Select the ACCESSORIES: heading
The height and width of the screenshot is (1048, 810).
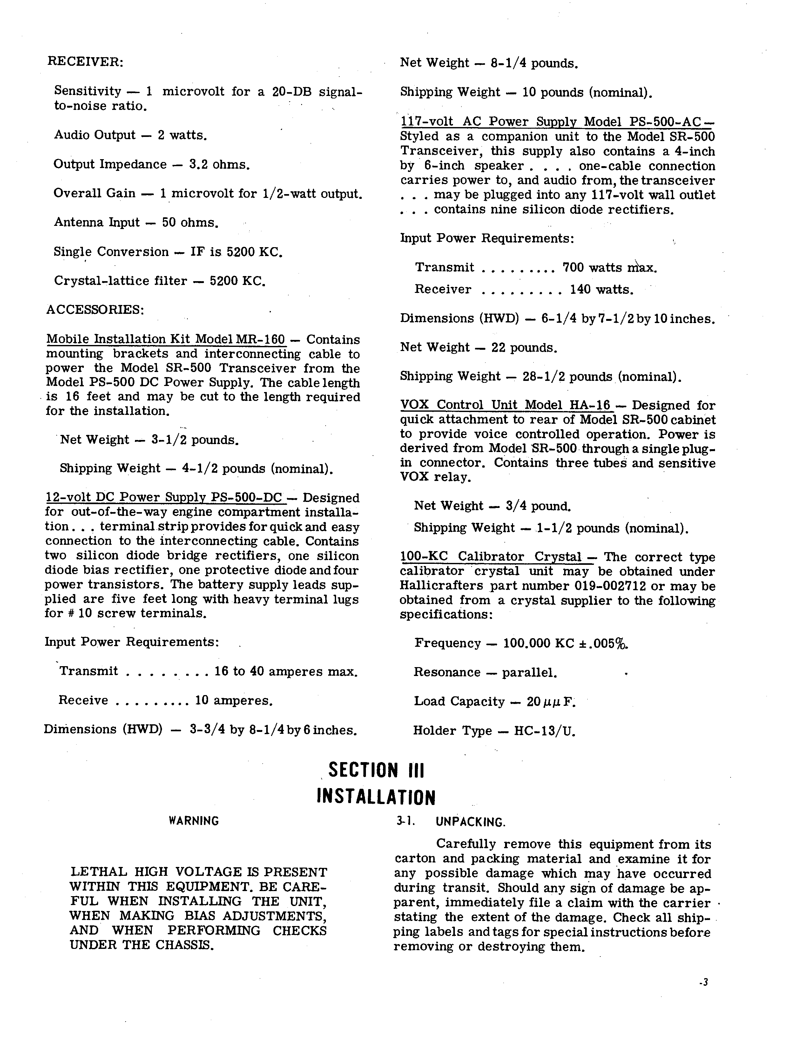[95, 309]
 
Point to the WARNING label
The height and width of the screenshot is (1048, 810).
[194, 821]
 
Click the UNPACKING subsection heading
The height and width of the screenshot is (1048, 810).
[470, 822]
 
